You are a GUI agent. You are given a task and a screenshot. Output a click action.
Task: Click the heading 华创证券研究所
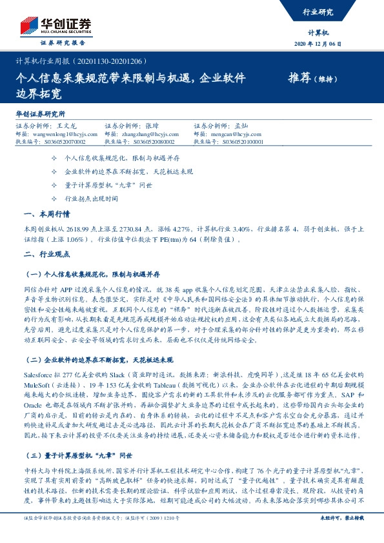[x=41, y=114]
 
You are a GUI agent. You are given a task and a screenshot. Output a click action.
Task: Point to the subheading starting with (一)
[x=94, y=273]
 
